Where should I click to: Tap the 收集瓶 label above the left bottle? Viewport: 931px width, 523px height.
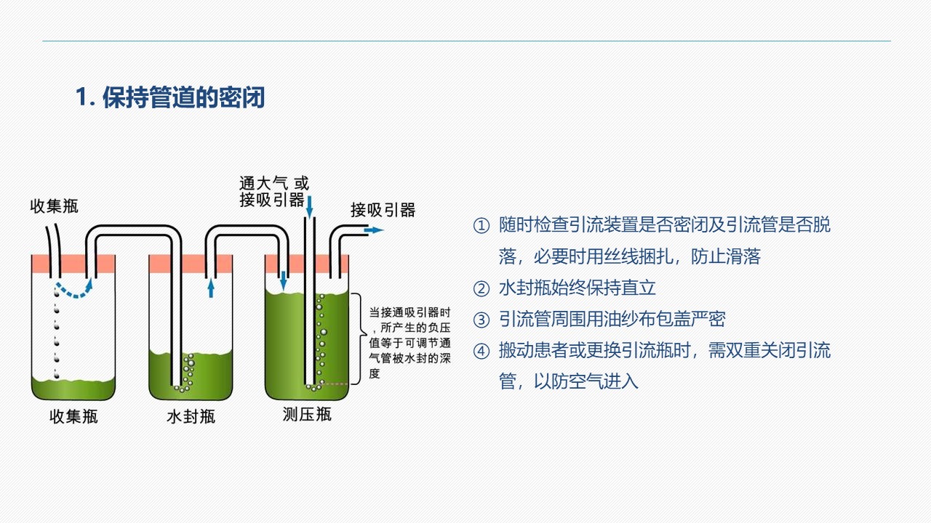tap(54, 206)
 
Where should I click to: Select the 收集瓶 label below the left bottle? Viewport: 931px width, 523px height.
tap(73, 416)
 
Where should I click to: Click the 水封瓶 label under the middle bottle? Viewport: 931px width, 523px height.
tap(191, 416)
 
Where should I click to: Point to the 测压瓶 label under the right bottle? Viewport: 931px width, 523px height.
tap(307, 414)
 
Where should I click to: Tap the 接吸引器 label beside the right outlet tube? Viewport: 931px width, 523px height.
tap(383, 210)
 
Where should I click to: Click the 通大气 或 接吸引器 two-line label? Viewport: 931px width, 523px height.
tap(274, 191)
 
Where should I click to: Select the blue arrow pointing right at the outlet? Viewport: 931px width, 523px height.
tap(374, 230)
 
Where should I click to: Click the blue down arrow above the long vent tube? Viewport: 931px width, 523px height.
tap(310, 207)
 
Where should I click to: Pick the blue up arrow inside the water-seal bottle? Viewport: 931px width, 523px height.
tap(211, 288)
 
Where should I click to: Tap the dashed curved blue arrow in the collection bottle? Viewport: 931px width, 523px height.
tap(75, 289)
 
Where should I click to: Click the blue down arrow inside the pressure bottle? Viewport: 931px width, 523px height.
tap(284, 280)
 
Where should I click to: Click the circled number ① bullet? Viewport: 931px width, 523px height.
tap(482, 226)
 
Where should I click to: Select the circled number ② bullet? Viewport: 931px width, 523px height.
tap(482, 288)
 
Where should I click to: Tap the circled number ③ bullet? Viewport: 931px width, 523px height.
tap(482, 320)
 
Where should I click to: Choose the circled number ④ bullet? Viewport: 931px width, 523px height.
tap(482, 351)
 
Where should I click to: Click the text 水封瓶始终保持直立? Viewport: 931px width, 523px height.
tap(578, 288)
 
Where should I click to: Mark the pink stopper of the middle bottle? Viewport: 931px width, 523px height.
tap(191, 264)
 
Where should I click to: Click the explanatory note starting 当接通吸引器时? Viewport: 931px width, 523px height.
tap(409, 343)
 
